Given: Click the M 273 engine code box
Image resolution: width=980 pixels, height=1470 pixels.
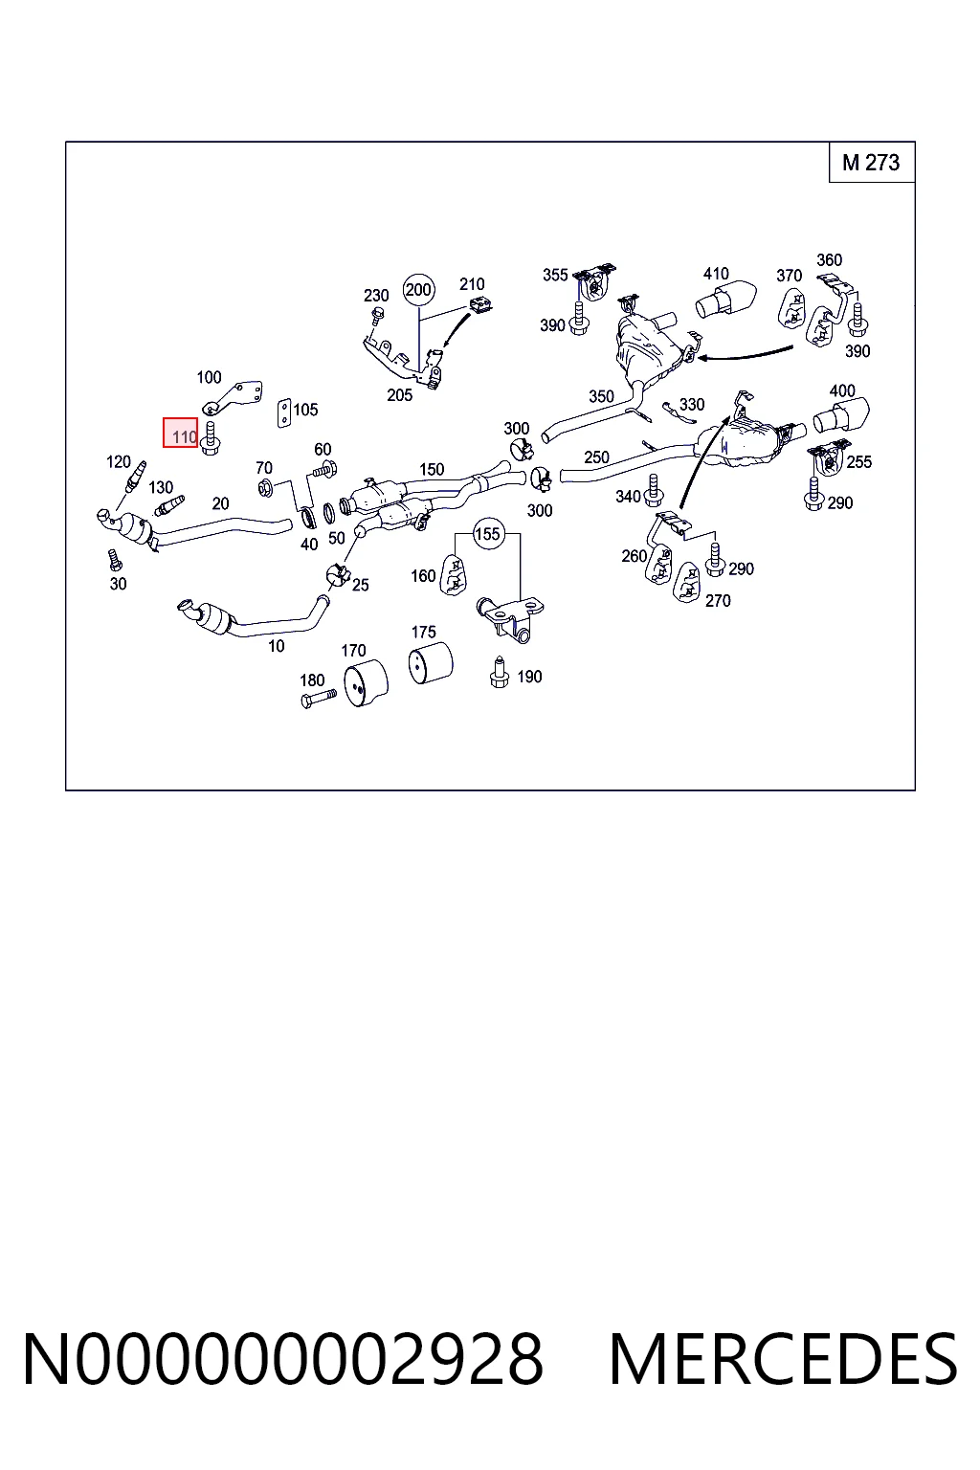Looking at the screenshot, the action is point(872,162).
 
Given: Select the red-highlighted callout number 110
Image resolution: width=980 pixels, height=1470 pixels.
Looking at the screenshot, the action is point(181,433).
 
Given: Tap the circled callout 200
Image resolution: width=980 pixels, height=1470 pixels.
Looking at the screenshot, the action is point(419,289).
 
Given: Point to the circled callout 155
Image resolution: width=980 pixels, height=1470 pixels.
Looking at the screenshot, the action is point(487,533).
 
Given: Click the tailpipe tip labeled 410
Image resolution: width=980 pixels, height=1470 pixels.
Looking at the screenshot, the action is point(725,299).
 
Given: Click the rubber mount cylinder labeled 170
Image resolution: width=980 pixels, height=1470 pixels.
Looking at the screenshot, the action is point(367,683).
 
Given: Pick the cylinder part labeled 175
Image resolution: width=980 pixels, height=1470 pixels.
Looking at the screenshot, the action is point(431,663).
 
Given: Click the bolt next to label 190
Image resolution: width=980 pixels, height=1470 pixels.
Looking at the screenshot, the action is point(500,672).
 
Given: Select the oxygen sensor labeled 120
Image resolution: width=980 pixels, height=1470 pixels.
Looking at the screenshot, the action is point(135,478).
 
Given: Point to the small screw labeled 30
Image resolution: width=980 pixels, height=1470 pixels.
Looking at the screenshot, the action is point(115,560).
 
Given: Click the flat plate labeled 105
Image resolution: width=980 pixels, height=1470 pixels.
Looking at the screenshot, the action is point(284,412).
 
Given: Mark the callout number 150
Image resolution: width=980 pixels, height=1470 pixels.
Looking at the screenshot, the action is point(432,469).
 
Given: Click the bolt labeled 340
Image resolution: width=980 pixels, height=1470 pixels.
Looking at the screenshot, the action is point(652,490).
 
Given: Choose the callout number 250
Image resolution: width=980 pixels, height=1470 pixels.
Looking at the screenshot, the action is point(596,457).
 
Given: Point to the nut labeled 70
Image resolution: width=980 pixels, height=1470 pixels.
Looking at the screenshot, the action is point(265,487).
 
